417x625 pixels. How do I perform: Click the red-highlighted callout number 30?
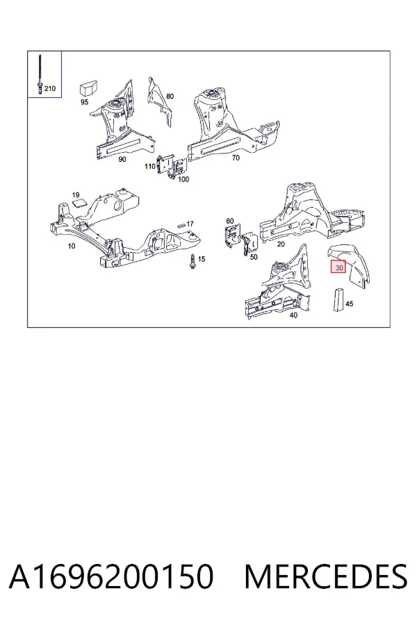(338, 267)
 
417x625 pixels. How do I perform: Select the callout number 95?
(84, 102)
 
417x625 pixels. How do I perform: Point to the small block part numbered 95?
(90, 87)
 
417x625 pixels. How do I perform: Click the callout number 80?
(170, 96)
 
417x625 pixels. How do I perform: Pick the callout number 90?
(122, 160)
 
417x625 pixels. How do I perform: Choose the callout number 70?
(236, 158)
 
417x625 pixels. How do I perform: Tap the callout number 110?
(150, 166)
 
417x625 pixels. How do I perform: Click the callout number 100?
(183, 179)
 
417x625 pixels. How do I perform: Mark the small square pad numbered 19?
(79, 203)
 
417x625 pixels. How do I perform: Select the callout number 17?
(190, 224)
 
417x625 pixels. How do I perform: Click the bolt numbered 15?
(193, 261)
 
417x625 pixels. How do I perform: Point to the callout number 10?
(72, 246)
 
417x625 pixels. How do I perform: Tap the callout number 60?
(230, 221)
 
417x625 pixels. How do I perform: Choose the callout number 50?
(254, 257)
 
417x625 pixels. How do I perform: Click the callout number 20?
(281, 244)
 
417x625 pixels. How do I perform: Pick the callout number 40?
(293, 315)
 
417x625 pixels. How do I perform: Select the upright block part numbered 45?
(338, 299)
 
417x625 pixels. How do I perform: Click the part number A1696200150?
(111, 576)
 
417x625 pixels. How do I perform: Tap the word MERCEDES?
(326, 576)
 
